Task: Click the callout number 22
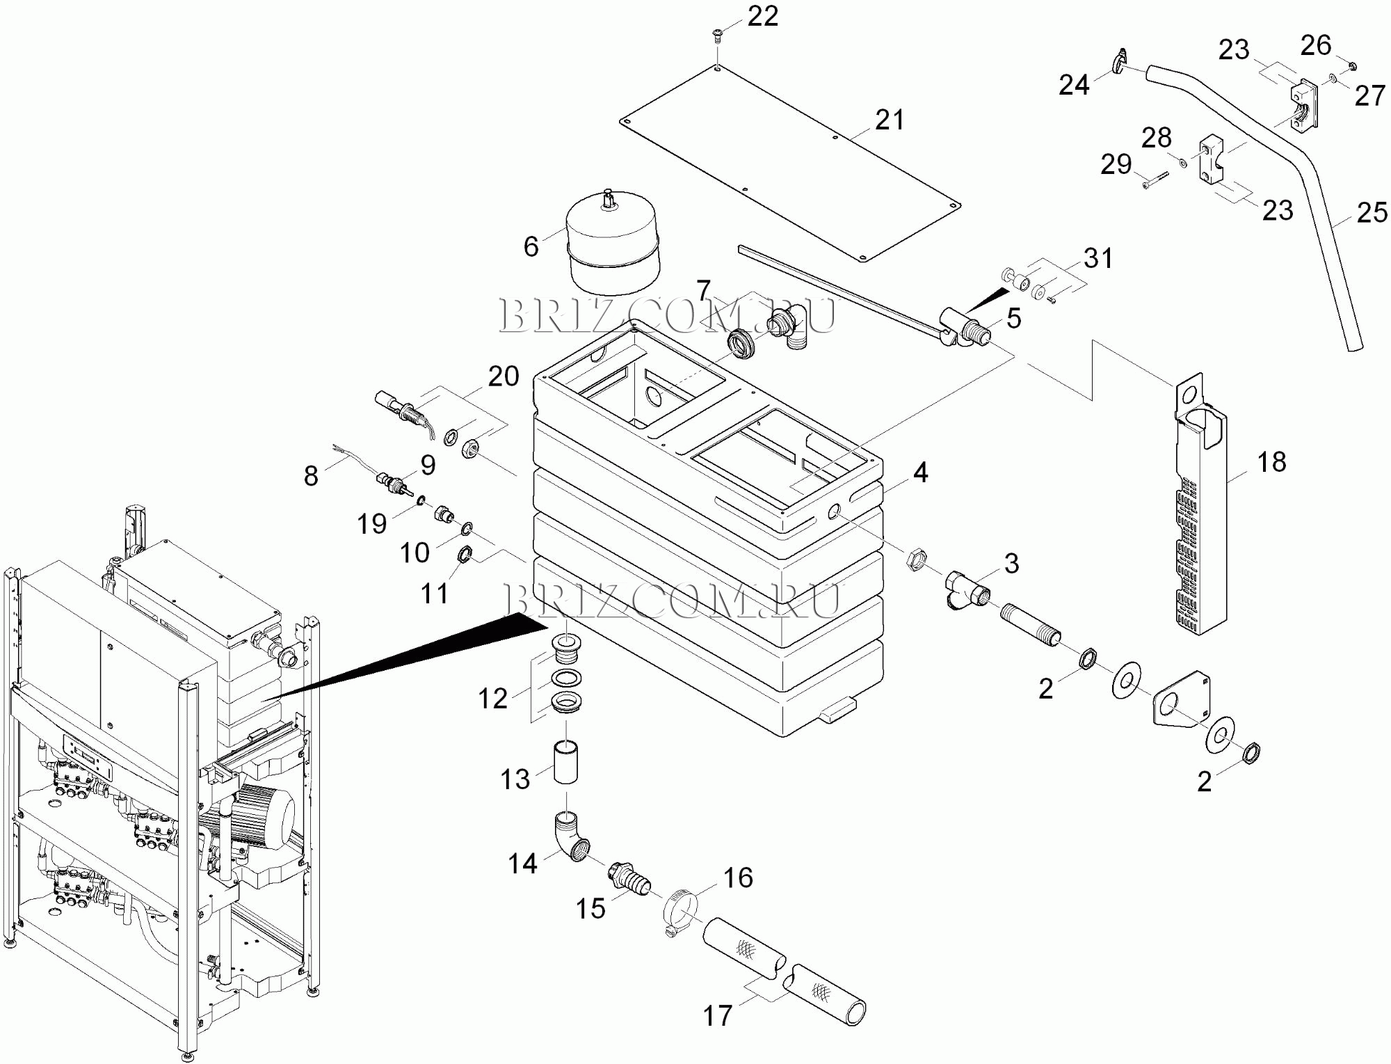[762, 17]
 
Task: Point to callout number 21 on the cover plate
[890, 120]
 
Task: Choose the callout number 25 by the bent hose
[1372, 213]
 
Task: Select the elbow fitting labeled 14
[572, 838]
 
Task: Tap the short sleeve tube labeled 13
[565, 763]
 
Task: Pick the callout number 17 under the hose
[718, 1015]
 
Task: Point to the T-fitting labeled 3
[965, 589]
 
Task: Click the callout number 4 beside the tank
[920, 473]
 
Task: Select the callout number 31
[1098, 258]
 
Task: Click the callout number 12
[492, 698]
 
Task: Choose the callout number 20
[504, 376]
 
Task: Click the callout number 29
[1116, 165]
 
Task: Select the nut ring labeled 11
[465, 555]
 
